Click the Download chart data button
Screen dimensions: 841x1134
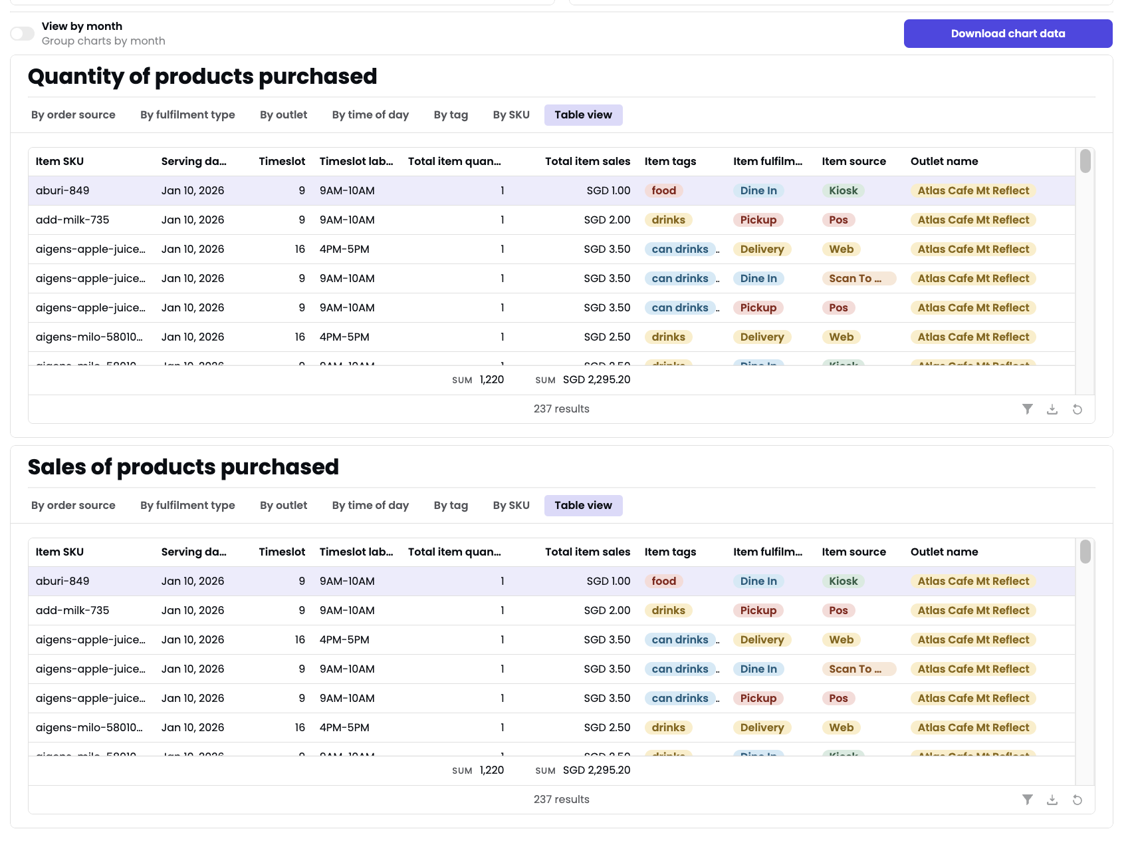click(x=1007, y=33)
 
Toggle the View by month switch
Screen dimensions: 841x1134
click(x=22, y=33)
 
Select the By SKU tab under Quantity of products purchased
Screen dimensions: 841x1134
click(x=510, y=114)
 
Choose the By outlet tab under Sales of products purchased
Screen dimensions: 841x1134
click(x=283, y=505)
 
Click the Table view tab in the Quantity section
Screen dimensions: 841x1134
click(x=583, y=114)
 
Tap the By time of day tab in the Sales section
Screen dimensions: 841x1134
click(x=370, y=505)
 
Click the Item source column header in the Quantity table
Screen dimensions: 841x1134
click(x=853, y=161)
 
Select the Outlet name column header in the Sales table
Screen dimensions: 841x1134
click(x=944, y=552)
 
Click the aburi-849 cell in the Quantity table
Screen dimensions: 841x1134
click(x=62, y=190)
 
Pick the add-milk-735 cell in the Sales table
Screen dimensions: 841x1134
click(x=72, y=610)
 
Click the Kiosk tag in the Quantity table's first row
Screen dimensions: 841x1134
click(x=843, y=190)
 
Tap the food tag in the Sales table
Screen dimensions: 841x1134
click(x=663, y=581)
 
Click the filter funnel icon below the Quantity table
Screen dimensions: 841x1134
click(x=1027, y=409)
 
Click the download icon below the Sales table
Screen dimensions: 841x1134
click(x=1052, y=800)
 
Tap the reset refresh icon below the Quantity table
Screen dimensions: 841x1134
click(x=1077, y=409)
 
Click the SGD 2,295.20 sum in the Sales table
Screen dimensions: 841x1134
click(x=596, y=770)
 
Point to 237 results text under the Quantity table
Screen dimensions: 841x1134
click(x=561, y=409)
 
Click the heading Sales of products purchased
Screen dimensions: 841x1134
click(x=183, y=467)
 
